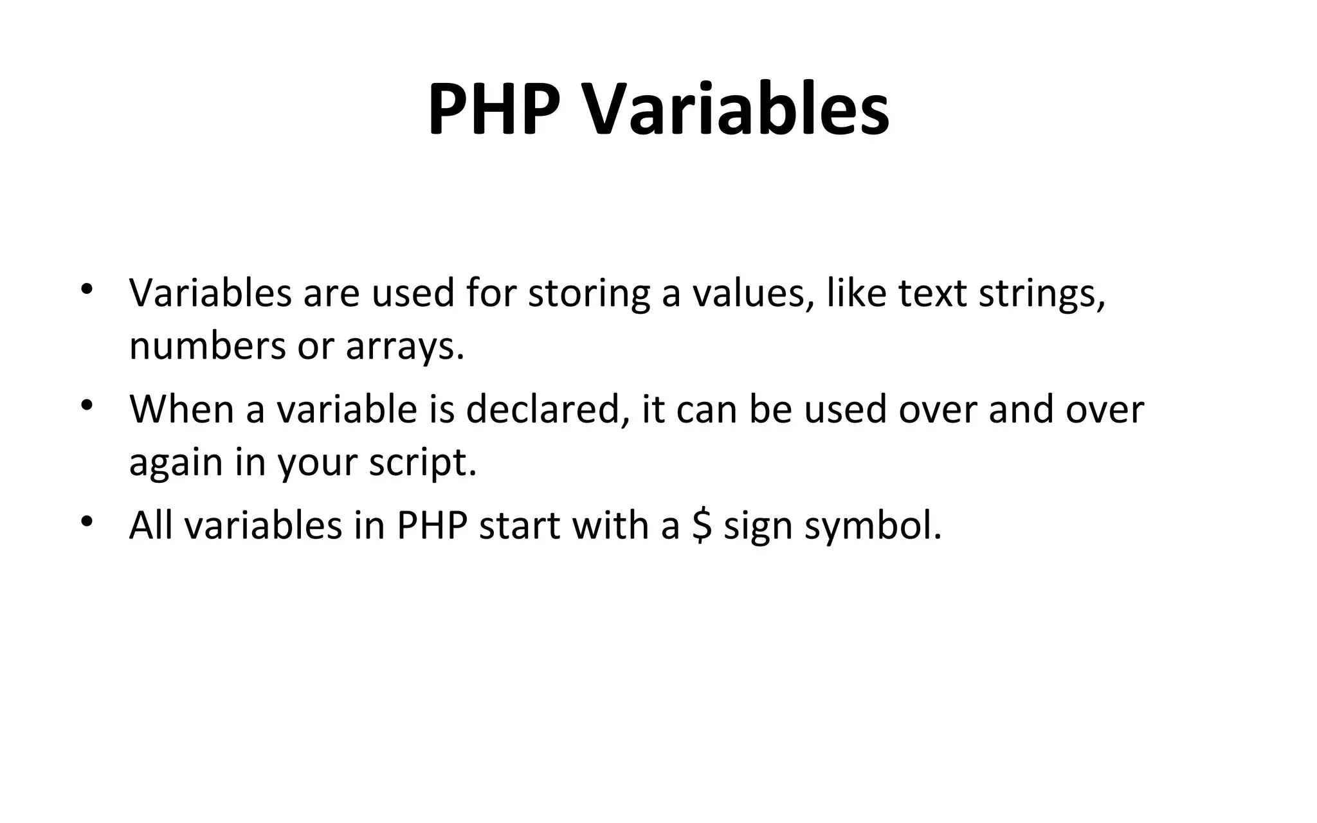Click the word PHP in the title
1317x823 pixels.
[x=494, y=109]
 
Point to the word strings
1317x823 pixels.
[x=1042, y=293]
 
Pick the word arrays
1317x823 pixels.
[x=404, y=347]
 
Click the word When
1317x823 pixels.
[x=182, y=409]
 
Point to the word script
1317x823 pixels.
[x=422, y=463]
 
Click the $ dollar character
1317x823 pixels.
[x=702, y=525]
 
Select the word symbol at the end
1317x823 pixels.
[x=873, y=526]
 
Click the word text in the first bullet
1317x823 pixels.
[x=932, y=293]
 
